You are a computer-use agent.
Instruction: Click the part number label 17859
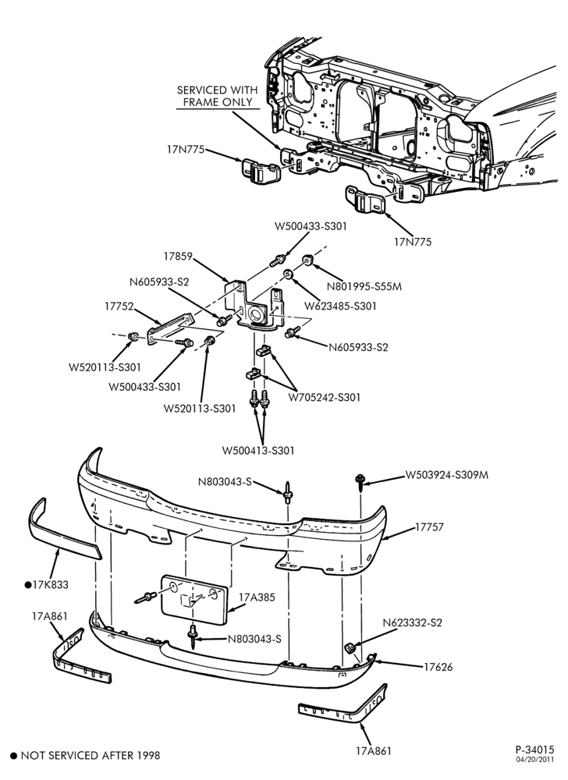click(x=178, y=257)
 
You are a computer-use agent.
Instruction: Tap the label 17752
click(x=119, y=307)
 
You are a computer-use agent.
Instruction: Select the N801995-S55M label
click(x=364, y=286)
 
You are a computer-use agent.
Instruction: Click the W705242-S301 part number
click(x=325, y=397)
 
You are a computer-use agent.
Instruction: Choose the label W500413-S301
click(x=258, y=451)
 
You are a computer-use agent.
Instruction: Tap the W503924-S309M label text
click(x=446, y=475)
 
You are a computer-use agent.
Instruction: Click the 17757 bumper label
click(x=430, y=526)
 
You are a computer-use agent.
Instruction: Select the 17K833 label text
click(x=50, y=585)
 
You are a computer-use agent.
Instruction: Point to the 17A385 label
click(x=257, y=597)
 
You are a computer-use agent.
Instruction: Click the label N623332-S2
click(x=412, y=622)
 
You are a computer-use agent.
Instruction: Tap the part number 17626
click(x=438, y=667)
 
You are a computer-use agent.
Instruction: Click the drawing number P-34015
click(x=534, y=749)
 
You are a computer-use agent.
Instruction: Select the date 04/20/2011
click(x=535, y=760)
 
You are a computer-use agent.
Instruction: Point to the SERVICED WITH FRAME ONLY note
click(x=218, y=96)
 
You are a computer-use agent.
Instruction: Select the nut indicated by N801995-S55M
click(x=307, y=260)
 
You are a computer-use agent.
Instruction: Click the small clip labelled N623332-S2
click(x=350, y=648)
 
